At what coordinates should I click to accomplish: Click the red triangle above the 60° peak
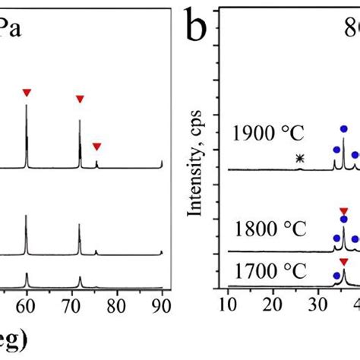pos(27,93)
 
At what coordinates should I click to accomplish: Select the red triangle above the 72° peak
pos(80,99)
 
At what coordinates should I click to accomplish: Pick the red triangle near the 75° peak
pos(96,147)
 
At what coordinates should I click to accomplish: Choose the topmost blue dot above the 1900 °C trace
pos(344,129)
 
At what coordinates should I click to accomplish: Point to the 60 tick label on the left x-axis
pos(26,306)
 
